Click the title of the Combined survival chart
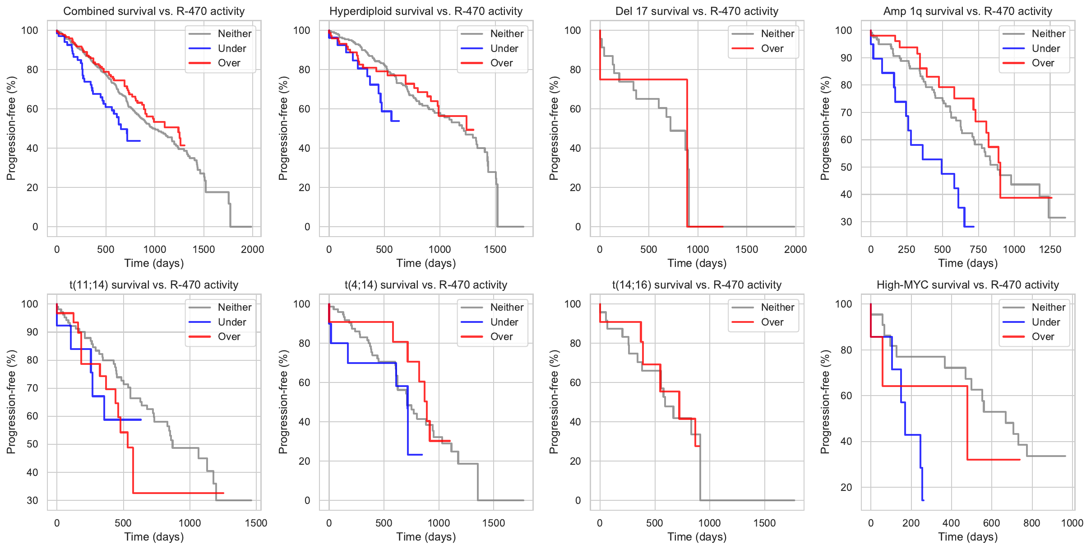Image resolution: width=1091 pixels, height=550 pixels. coord(154,11)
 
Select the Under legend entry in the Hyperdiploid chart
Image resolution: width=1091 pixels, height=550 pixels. coord(504,48)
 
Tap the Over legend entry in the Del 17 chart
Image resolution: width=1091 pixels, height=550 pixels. coord(772,48)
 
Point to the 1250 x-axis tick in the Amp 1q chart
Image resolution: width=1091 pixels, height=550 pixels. coord(1050,249)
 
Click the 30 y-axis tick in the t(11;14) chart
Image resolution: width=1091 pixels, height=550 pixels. coord(32,500)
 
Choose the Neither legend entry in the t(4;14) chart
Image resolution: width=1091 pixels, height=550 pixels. coord(506,307)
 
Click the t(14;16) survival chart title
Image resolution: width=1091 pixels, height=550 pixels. coord(697,285)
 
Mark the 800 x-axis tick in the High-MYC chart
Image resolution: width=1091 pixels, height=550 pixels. coord(1032,523)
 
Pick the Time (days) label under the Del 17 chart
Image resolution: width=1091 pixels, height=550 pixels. coord(697,263)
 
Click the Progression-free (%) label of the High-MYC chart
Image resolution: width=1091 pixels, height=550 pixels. coord(825,402)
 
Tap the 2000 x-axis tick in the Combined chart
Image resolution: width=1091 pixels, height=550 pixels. coord(252,249)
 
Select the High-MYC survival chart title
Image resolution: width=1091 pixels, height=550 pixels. coord(967,285)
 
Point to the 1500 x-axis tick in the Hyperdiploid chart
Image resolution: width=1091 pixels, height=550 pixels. coord(495,249)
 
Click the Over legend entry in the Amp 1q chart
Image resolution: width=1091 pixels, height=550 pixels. coord(1042,63)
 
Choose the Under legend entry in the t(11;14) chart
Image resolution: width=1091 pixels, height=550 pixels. coord(231,322)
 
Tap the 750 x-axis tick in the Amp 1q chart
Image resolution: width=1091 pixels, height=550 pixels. coord(978,249)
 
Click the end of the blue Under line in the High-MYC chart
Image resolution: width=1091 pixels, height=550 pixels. coord(923,500)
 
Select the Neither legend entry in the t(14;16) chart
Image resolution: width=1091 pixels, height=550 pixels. coord(777,307)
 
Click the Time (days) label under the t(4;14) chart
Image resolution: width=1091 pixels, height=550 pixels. coord(426,537)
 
